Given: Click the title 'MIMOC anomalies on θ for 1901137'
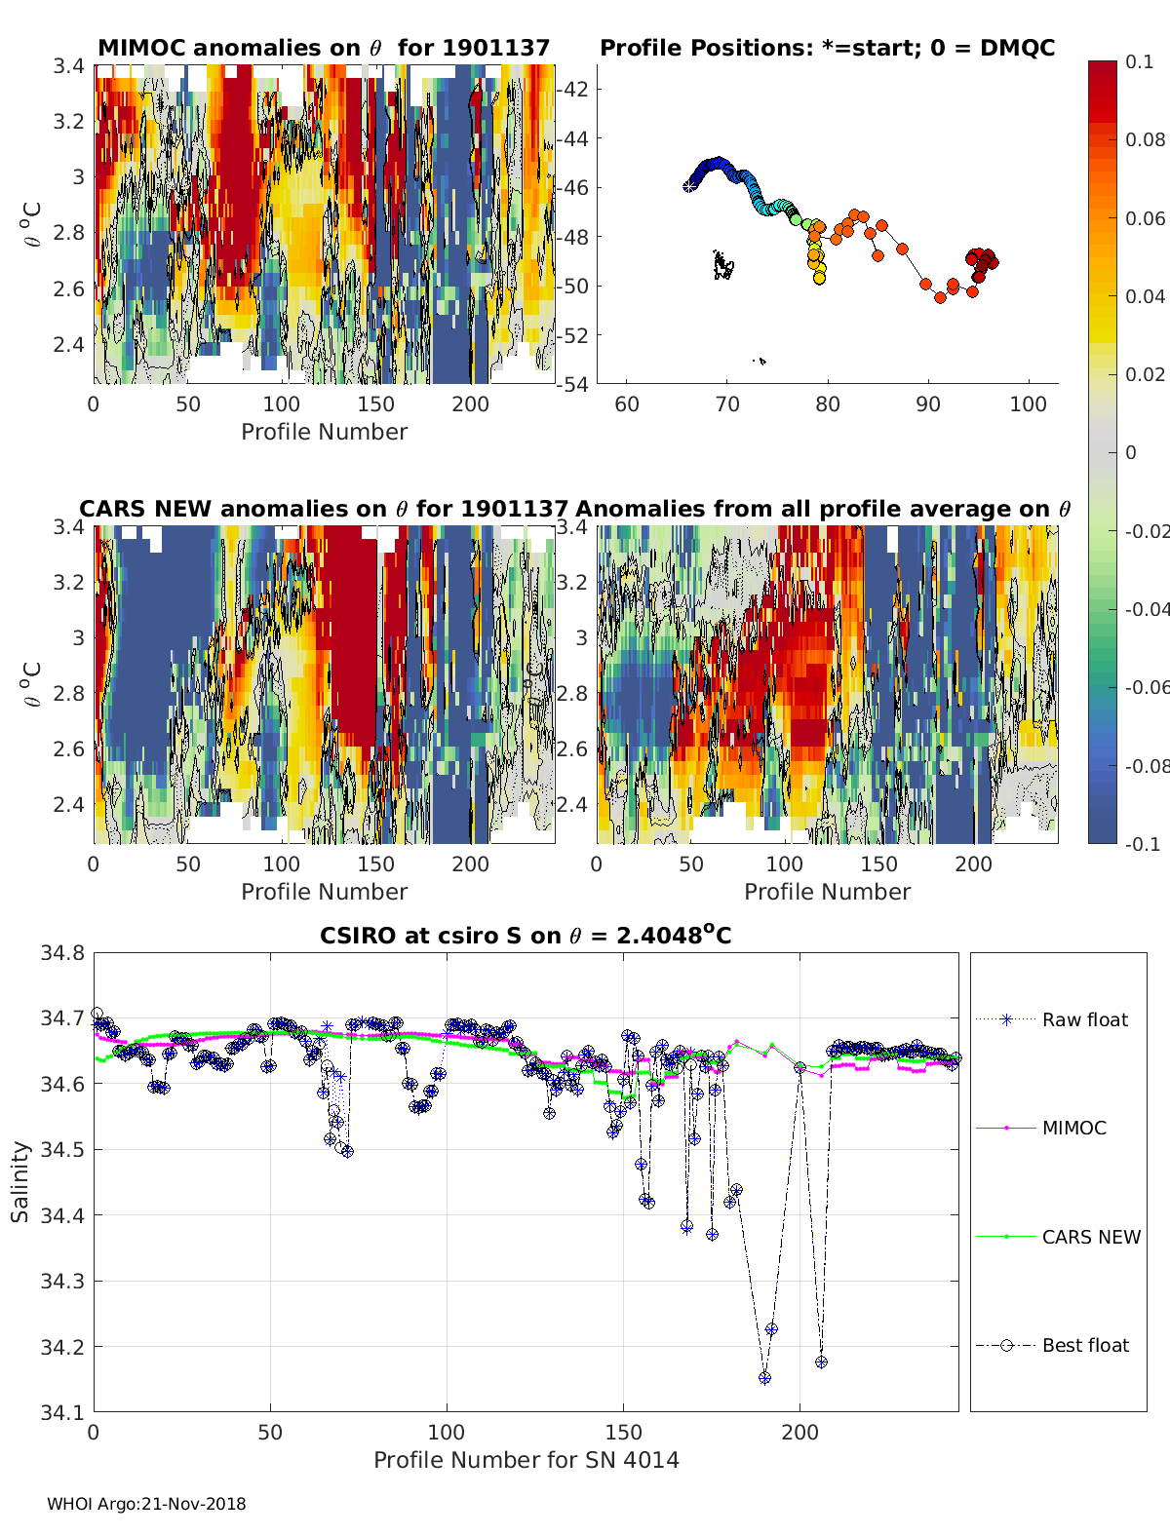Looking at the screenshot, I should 324,48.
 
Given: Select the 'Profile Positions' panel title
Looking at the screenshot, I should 827,48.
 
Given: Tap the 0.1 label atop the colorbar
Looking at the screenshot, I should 1139,61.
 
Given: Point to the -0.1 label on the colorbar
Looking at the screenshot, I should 1142,844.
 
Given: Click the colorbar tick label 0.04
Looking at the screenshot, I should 1146,296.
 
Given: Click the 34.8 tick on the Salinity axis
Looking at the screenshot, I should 61,953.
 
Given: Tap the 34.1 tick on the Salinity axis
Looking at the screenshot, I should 61,1411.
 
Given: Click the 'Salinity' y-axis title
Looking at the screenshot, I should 20,1181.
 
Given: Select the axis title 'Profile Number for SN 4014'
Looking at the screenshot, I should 526,1460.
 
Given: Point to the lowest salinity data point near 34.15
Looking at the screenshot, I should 764,1377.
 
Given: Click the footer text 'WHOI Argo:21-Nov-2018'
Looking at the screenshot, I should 146,1504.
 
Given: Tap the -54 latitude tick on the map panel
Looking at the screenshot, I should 573,384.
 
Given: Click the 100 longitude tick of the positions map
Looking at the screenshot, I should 1028,404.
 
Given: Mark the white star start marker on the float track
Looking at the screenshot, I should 688,186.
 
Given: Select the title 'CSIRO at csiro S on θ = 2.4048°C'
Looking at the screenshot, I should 526,936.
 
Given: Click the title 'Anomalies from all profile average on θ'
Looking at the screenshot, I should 823,509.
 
